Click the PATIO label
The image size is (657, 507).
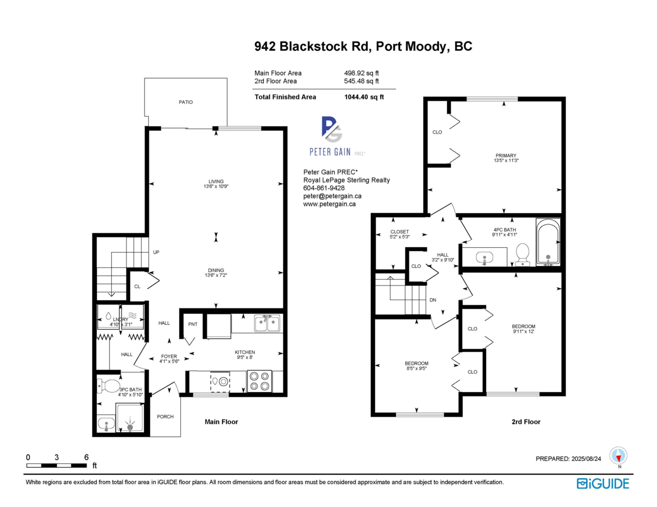[185, 102]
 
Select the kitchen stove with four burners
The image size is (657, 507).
[260, 381]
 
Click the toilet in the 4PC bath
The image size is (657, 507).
[523, 254]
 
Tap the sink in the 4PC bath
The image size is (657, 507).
[483, 257]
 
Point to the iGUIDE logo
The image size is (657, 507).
[603, 483]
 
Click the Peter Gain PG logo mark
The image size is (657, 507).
[331, 130]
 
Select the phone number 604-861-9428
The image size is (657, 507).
[325, 188]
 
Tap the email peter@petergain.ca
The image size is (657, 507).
[332, 196]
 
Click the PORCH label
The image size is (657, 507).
[165, 417]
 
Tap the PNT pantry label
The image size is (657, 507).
[193, 324]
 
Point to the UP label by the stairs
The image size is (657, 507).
[157, 253]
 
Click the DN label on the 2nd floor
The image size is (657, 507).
[433, 300]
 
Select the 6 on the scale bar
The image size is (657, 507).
[86, 457]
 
